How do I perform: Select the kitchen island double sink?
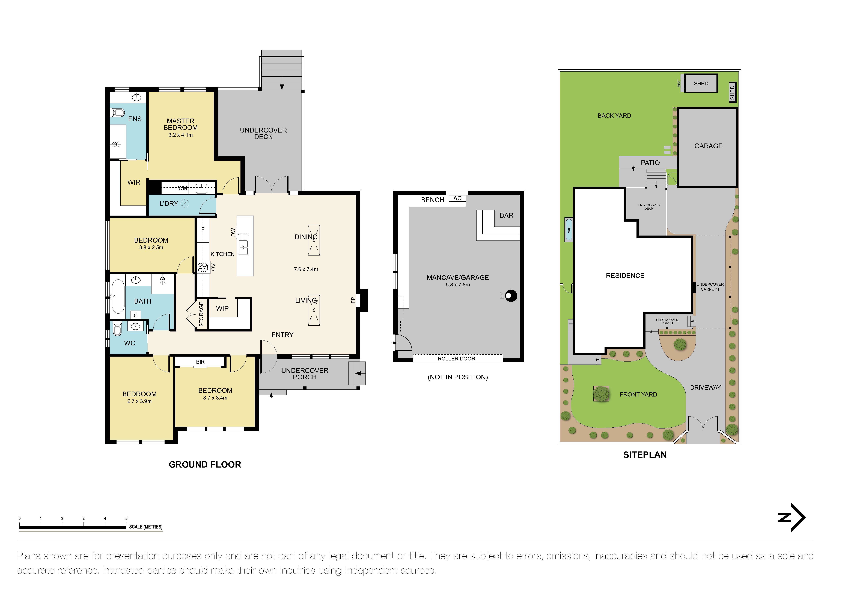coord(243,244)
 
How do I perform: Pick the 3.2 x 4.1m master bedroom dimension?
coord(180,135)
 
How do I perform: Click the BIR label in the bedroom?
coord(200,362)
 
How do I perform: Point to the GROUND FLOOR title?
coord(205,465)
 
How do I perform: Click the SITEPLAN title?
coord(645,455)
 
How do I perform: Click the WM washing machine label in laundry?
coord(182,188)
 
